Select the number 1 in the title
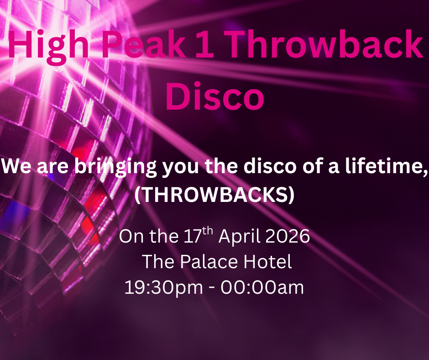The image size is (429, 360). [x=205, y=44]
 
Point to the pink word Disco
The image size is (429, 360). [x=215, y=96]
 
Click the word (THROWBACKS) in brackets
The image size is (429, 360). [x=214, y=195]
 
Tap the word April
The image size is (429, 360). [x=239, y=236]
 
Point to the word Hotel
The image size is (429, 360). [x=268, y=262]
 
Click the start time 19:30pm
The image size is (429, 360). [x=163, y=288]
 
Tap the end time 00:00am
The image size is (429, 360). [x=262, y=288]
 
